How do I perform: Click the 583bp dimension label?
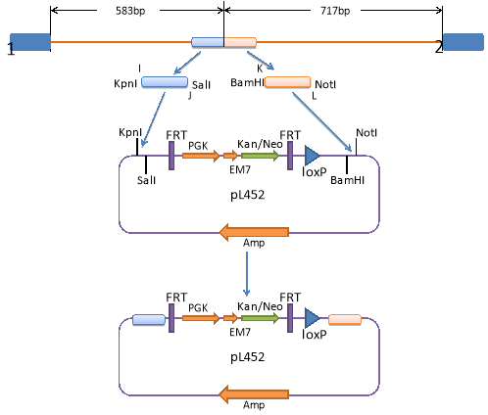point(130,11)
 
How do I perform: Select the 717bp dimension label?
point(335,11)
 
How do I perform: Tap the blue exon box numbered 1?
point(30,42)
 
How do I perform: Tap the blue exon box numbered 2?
point(464,42)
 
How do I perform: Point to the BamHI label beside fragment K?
point(247,82)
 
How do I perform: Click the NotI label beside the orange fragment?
point(325,84)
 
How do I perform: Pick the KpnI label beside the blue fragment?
point(125,83)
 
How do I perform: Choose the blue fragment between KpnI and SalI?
point(165,82)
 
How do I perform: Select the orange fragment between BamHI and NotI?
point(288,82)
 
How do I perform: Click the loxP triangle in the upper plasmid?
point(312,156)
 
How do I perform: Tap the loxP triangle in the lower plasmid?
point(312,318)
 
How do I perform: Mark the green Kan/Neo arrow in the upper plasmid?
point(260,156)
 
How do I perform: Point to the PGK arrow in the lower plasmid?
point(201,318)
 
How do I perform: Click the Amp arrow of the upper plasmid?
point(254,232)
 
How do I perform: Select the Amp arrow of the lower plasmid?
point(254,394)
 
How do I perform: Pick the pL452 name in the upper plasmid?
point(247,195)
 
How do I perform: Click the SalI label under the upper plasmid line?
point(146,180)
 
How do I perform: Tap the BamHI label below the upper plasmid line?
point(347,180)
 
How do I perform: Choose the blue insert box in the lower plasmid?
point(149,320)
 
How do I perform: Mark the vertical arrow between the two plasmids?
point(247,274)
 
